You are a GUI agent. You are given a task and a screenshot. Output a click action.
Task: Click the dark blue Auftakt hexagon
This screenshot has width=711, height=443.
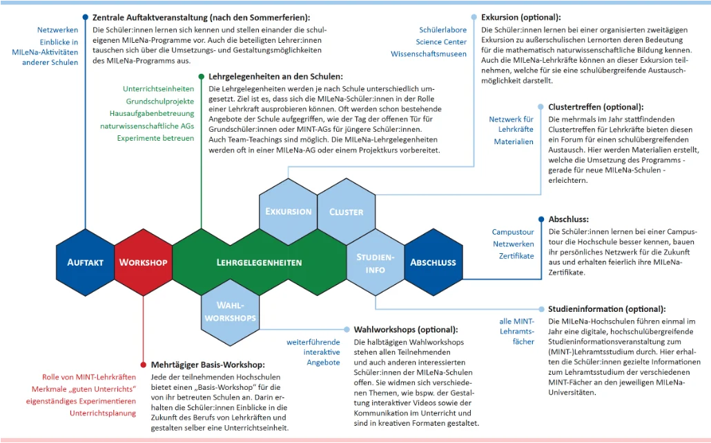click(x=86, y=262)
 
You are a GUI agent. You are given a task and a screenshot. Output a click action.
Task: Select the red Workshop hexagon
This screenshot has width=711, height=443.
click(x=143, y=262)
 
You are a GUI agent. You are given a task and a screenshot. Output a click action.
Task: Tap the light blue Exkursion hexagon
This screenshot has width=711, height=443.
click(x=289, y=211)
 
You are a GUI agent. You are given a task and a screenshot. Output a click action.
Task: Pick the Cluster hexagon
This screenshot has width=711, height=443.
click(x=347, y=211)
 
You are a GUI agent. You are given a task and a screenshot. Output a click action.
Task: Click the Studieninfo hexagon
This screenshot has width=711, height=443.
click(x=375, y=263)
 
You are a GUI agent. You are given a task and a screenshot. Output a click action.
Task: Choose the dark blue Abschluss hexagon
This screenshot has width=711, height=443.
click(x=433, y=262)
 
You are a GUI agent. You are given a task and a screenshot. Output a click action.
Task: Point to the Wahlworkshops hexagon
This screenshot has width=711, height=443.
click(x=230, y=311)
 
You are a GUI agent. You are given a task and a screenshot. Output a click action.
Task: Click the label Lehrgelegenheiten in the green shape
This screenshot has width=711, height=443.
click(x=259, y=263)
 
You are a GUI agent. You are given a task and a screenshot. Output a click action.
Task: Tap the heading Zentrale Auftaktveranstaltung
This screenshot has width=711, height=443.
click(x=201, y=17)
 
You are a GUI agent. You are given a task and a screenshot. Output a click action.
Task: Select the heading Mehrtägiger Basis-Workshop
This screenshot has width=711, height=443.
click(x=207, y=364)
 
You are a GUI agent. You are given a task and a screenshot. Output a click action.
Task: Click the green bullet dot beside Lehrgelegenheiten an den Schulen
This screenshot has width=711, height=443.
click(x=201, y=77)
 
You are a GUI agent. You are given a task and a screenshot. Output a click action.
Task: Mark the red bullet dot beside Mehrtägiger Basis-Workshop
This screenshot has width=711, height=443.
click(x=143, y=364)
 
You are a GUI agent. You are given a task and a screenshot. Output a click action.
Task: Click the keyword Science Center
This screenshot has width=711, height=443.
click(x=441, y=42)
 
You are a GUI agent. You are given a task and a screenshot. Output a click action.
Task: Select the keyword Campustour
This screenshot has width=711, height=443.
click(x=513, y=233)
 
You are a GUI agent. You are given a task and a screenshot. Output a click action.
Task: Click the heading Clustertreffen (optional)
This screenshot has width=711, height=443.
click(x=595, y=107)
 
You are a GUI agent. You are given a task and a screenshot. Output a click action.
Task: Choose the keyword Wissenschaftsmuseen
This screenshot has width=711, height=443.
click(x=429, y=54)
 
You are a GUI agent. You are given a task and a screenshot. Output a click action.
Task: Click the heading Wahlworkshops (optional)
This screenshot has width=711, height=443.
click(x=405, y=330)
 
